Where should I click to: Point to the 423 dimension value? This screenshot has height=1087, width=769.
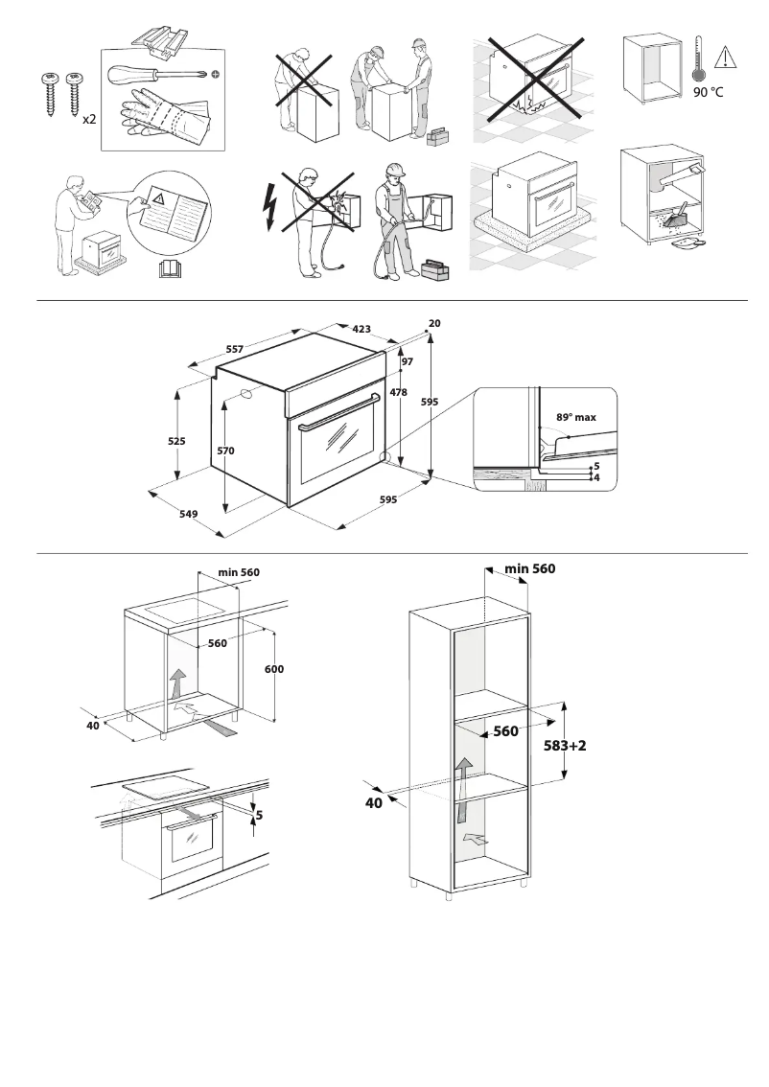[361, 329]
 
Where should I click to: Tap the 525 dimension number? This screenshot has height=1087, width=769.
[176, 441]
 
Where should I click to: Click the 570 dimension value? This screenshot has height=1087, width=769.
[226, 450]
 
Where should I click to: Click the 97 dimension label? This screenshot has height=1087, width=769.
[407, 361]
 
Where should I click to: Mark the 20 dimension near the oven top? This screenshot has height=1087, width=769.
[434, 324]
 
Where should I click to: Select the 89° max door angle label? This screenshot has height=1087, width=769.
[576, 418]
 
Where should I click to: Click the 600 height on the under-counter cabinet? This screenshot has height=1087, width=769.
[275, 668]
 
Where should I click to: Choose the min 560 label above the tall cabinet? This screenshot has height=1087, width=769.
[529, 568]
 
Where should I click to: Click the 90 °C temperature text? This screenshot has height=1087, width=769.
[708, 93]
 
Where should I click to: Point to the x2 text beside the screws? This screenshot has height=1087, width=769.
[87, 119]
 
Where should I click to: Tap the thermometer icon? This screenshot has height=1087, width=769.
[698, 60]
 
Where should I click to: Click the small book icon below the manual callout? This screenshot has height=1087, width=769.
[169, 268]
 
